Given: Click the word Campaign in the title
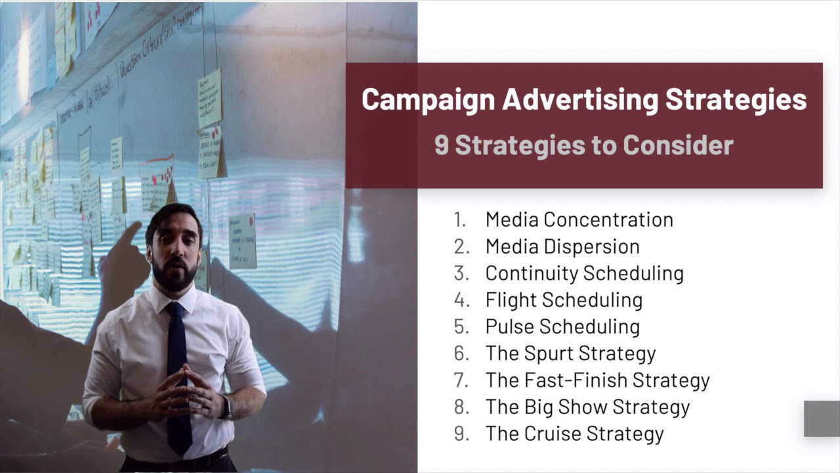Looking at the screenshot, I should [x=428, y=100].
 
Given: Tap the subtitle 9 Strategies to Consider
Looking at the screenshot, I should [x=583, y=145].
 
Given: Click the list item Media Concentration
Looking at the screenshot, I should [x=579, y=219].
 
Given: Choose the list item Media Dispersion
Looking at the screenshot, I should [x=562, y=246].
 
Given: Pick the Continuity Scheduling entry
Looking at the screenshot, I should [x=584, y=273].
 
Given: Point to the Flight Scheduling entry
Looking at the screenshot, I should [x=564, y=300].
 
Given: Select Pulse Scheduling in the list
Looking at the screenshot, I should [x=562, y=327].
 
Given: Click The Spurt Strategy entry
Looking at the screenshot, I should [x=570, y=353].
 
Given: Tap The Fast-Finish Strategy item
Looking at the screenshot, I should [x=597, y=380].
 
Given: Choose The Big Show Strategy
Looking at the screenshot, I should [x=587, y=407].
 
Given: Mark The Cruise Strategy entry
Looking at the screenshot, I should [x=574, y=434].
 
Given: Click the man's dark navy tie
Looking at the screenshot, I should [x=178, y=368].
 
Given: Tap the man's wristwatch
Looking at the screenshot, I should [x=227, y=407].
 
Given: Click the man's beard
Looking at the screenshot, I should [x=174, y=276].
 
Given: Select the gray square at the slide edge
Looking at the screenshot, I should [x=822, y=418].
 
